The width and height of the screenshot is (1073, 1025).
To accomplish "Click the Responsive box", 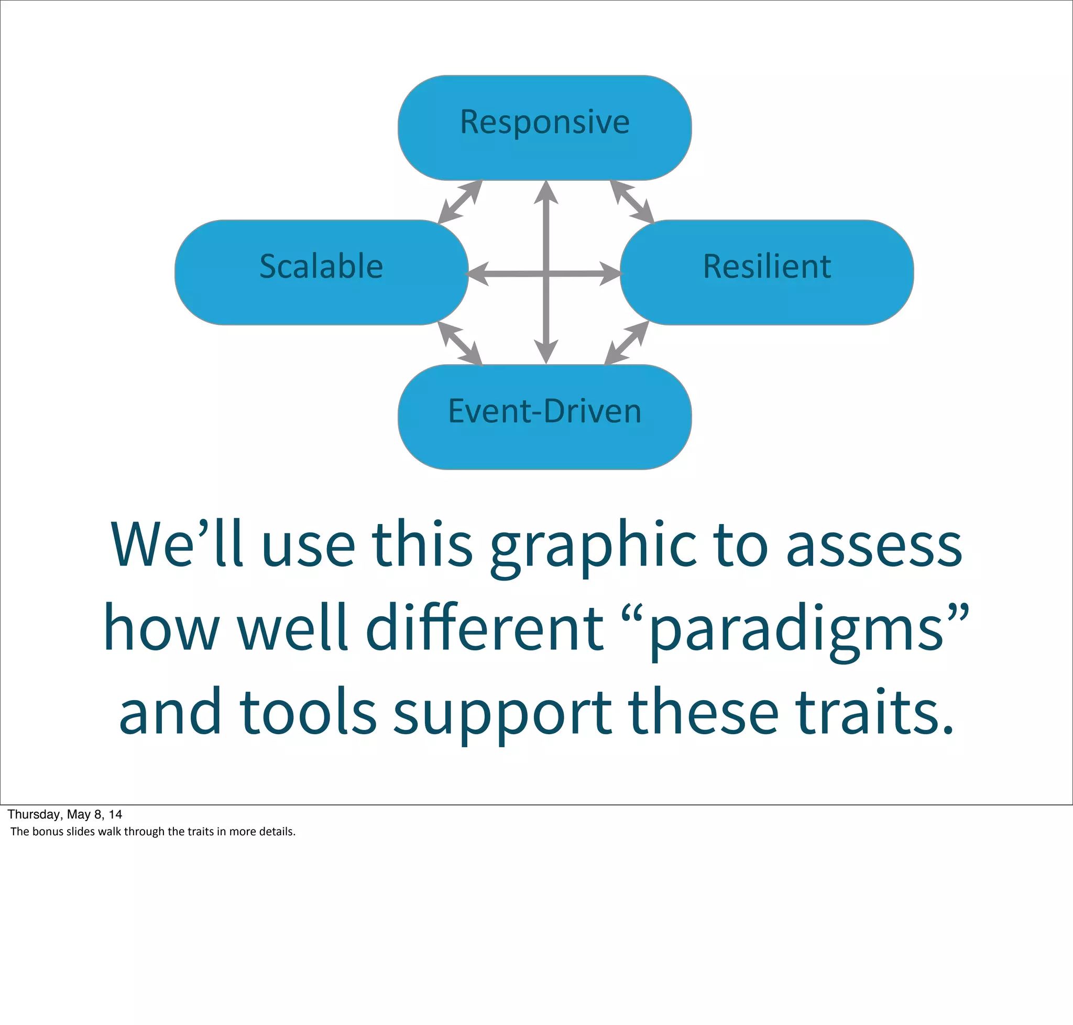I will pyautogui.click(x=545, y=128).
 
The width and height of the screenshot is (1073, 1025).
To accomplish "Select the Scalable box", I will pyautogui.click(x=321, y=272).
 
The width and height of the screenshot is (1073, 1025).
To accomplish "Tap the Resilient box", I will pyautogui.click(x=767, y=272).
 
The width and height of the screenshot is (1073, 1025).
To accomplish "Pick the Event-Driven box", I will pyautogui.click(x=545, y=416).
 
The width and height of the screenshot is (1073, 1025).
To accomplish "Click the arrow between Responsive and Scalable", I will pyautogui.click(x=460, y=202).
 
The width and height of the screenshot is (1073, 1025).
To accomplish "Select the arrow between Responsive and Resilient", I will pyautogui.click(x=631, y=202).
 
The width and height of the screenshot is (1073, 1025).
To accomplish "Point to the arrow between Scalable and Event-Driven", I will pyautogui.click(x=460, y=343).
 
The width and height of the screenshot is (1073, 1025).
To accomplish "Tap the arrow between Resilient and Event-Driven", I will pyautogui.click(x=627, y=343).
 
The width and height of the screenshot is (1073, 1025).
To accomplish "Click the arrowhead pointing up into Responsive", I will pyautogui.click(x=546, y=192).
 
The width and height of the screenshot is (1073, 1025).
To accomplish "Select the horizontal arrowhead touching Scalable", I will pyautogui.click(x=478, y=273).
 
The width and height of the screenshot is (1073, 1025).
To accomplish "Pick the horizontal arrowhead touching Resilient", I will pyautogui.click(x=610, y=273).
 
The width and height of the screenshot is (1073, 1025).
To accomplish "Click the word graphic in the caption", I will pyautogui.click(x=593, y=547).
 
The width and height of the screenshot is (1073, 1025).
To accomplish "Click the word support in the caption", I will pyautogui.click(x=502, y=714).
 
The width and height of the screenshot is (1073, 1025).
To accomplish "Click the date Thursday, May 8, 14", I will pyautogui.click(x=64, y=814).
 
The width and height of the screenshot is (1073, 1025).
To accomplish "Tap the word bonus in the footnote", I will pyautogui.click(x=48, y=832).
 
